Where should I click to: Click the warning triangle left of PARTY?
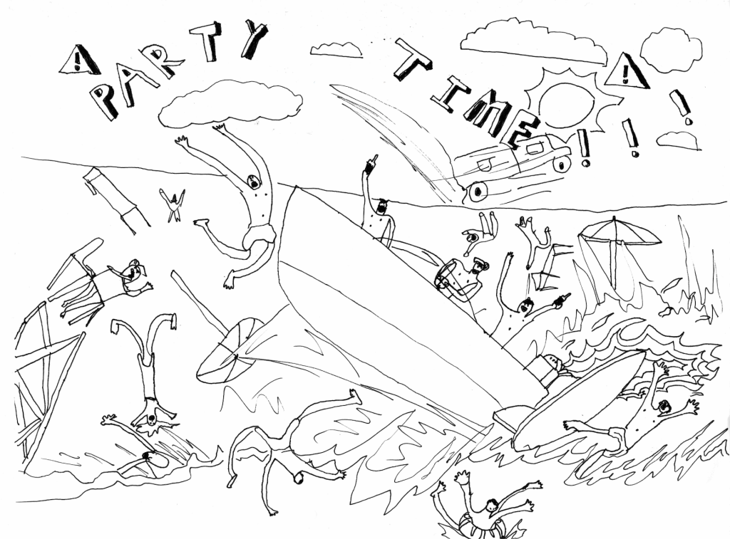79,61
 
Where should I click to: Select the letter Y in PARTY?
253,39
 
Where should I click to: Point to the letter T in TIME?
413,59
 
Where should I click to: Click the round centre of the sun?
567,105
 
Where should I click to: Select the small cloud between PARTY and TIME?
336,50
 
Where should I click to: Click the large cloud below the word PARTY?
230,103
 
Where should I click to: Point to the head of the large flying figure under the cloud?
253,182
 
